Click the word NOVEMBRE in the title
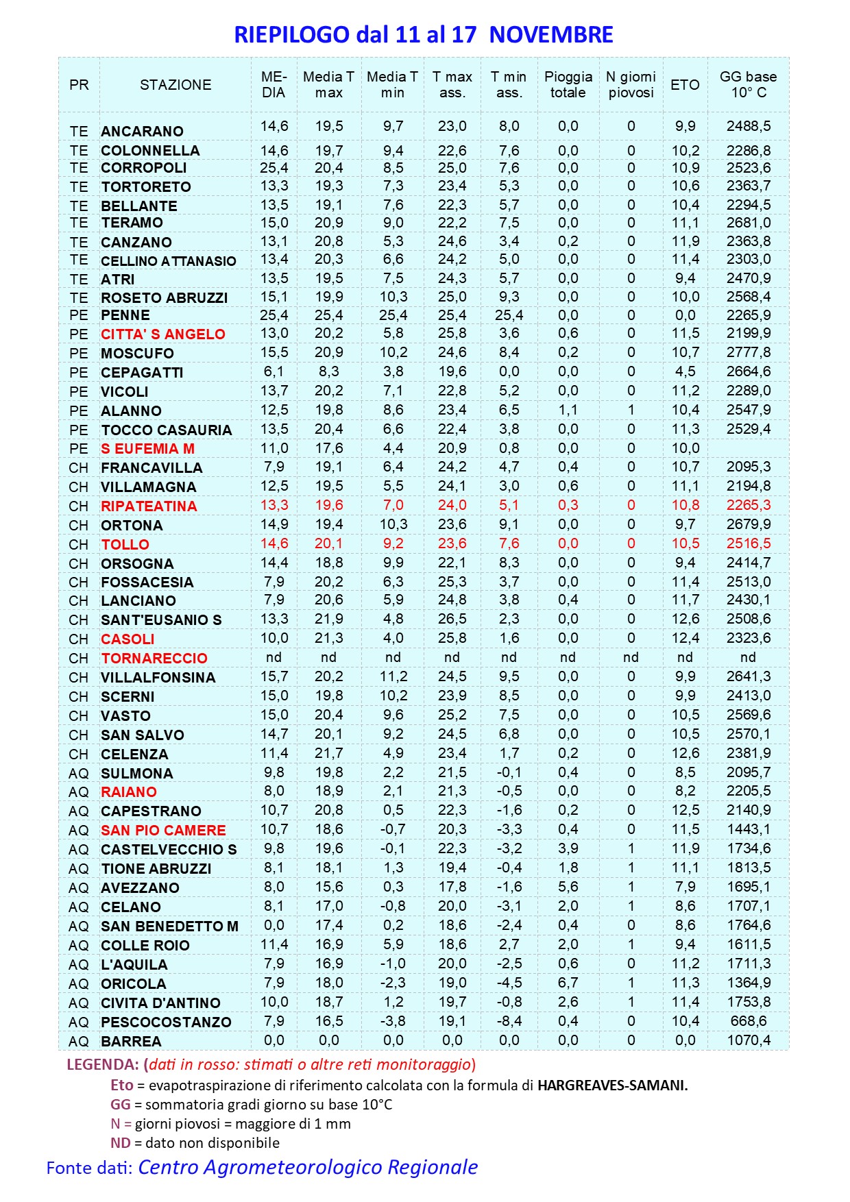pyautogui.click(x=551, y=34)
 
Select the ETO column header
pyautogui.click(x=685, y=85)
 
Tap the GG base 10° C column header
pyautogui.click(x=748, y=85)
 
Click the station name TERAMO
pyautogui.click(x=132, y=223)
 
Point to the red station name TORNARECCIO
pyautogui.click(x=154, y=659)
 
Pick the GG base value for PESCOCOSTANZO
pyautogui.click(x=749, y=1021)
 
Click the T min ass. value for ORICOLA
pyautogui.click(x=509, y=983)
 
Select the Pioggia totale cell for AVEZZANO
pyautogui.click(x=568, y=887)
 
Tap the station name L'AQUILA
pyautogui.click(x=134, y=965)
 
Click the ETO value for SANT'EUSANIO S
pyautogui.click(x=685, y=619)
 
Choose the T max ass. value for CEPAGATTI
pyautogui.click(x=452, y=371)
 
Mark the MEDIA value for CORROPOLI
pyautogui.click(x=274, y=168)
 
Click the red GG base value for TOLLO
pyautogui.click(x=749, y=543)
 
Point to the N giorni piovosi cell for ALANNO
pyautogui.click(x=631, y=410)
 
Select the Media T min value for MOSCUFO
pyautogui.click(x=393, y=352)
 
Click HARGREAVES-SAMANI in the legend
pyautogui.click(x=612, y=1086)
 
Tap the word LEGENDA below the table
pyautogui.click(x=102, y=1065)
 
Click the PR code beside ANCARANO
pyautogui.click(x=79, y=131)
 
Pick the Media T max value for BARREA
pyautogui.click(x=329, y=1040)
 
